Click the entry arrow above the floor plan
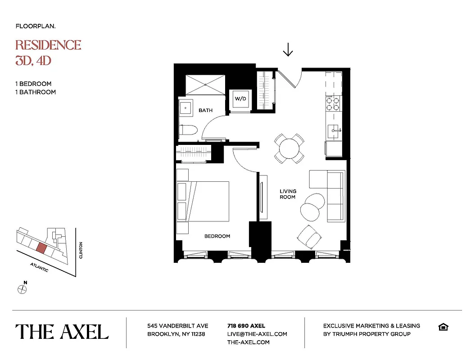click(288, 49)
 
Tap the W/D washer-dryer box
click(240, 99)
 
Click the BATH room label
click(205, 110)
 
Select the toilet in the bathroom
click(188, 131)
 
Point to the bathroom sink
click(185, 108)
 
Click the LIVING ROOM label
click(288, 194)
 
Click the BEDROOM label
click(217, 236)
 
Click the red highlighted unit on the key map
click(41, 248)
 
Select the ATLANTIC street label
click(39, 267)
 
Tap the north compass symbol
click(22, 289)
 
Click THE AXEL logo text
click(62, 332)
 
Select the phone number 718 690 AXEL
click(246, 326)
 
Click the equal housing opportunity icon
click(443, 327)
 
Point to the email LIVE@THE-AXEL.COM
click(257, 334)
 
